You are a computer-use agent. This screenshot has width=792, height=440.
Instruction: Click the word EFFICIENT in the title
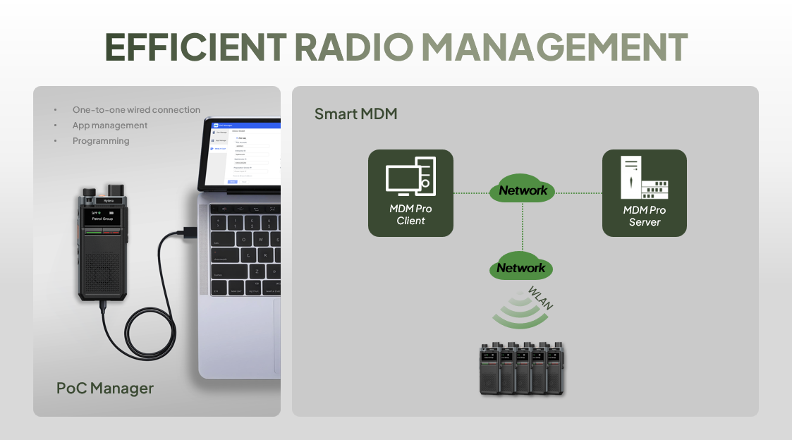[x=195, y=47]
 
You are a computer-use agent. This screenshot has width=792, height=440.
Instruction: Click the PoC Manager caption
[x=104, y=388]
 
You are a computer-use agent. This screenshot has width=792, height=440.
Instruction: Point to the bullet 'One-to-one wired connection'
[x=136, y=110]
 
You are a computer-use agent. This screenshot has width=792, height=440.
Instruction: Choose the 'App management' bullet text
[x=110, y=126]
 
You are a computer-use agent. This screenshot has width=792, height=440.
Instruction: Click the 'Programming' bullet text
[x=101, y=141]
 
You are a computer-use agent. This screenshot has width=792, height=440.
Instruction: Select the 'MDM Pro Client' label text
[x=410, y=215]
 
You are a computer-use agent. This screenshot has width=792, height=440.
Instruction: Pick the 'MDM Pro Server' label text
[x=644, y=216]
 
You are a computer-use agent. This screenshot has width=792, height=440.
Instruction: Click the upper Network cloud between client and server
[x=523, y=190]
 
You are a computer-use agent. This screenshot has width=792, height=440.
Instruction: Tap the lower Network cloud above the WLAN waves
[x=521, y=268]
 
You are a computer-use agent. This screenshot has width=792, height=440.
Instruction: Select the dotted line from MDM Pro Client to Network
[x=471, y=192]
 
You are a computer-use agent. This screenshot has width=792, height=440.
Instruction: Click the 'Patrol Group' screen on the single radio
[x=102, y=218]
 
